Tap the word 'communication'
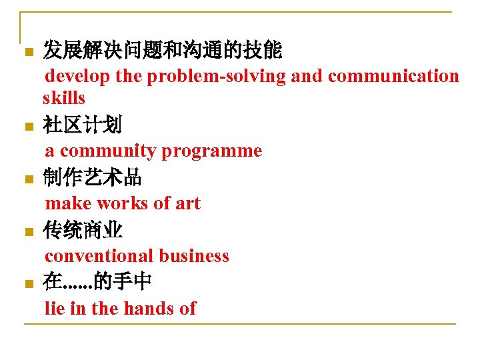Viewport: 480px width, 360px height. coord(393,77)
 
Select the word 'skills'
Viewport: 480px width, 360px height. coord(64,98)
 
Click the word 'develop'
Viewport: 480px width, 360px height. coord(77,77)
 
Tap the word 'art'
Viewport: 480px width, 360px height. coord(187,203)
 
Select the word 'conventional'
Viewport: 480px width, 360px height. coord(99,256)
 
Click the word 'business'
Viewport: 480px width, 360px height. coord(194,256)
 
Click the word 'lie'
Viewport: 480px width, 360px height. coord(55,308)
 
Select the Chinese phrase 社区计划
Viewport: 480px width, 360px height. coord(82,125)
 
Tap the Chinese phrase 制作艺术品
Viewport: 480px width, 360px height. coord(92,177)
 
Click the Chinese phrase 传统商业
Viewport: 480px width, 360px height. coord(82,231)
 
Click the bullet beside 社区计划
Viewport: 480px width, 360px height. coord(27,127)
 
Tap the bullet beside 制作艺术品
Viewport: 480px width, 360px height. coord(27,179)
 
